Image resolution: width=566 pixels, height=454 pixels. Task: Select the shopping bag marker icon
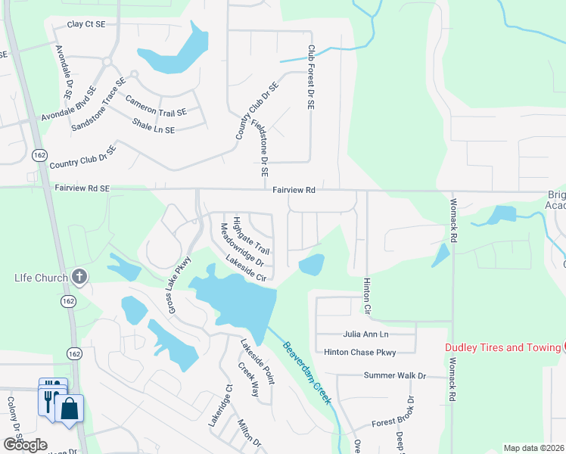(69, 409)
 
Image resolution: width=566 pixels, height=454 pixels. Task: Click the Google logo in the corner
(24, 444)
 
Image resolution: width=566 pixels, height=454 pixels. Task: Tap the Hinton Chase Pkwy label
(359, 352)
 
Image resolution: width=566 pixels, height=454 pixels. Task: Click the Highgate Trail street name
(252, 235)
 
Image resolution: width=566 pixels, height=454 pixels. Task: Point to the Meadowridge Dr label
(241, 245)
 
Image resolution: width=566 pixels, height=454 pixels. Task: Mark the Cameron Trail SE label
(156, 107)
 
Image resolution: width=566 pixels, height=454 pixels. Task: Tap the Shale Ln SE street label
(154, 126)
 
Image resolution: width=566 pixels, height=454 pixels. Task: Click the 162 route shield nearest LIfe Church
(70, 301)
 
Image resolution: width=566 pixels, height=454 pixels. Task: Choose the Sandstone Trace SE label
(98, 104)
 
